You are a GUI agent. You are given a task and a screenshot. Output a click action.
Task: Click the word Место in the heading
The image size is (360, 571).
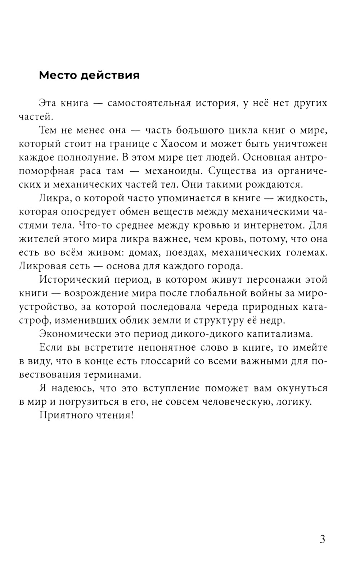[58, 76]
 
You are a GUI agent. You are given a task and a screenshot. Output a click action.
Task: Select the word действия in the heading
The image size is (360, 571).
[110, 76]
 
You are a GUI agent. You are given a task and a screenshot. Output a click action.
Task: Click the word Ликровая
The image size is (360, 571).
[41, 266]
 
